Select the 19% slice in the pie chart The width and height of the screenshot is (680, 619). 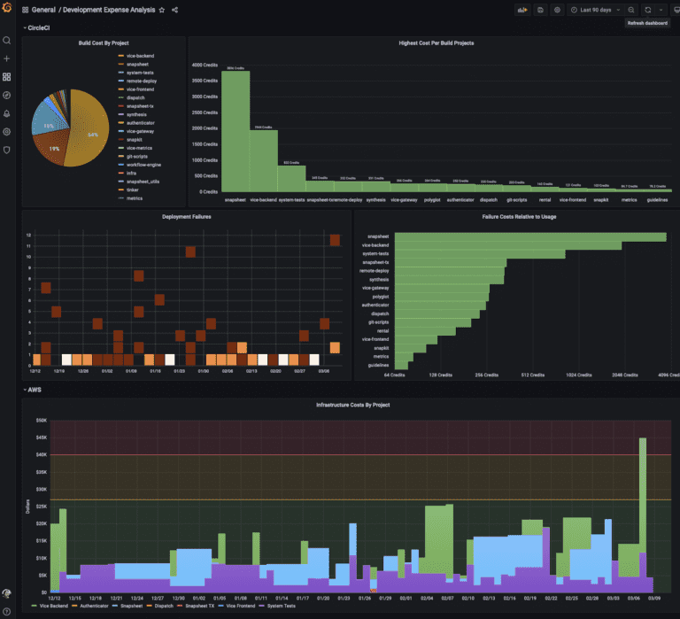(55, 147)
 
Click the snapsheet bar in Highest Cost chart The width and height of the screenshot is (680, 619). (236, 133)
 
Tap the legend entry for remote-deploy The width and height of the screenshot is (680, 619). (139, 81)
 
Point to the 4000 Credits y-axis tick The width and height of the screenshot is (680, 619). (205, 65)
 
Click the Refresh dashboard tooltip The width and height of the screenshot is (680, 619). (648, 23)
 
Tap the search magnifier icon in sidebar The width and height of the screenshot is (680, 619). (7, 40)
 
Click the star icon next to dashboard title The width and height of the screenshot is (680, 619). (161, 10)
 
